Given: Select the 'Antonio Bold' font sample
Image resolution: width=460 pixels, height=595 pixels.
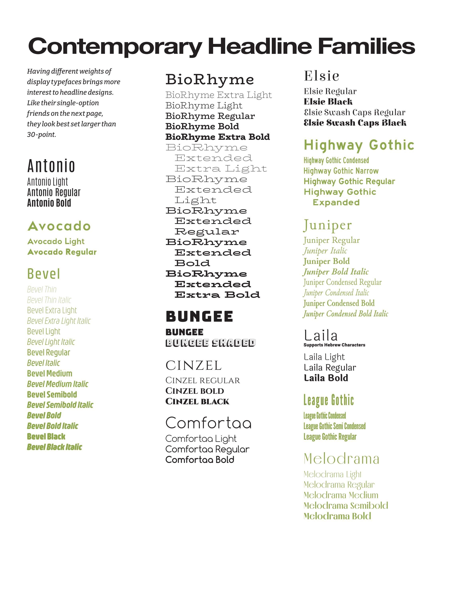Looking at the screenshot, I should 49,203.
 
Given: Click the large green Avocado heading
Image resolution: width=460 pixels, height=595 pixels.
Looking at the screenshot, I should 59,226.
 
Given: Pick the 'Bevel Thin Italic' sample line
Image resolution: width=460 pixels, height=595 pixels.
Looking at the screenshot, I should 49,300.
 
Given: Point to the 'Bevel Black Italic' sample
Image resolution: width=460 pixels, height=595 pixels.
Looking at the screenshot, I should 55,447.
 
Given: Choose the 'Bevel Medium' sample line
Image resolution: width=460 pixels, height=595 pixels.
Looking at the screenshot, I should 50,373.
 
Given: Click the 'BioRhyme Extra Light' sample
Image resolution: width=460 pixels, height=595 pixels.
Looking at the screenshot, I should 218,95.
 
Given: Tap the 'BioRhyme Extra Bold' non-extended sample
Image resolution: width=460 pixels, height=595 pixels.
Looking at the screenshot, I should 217,137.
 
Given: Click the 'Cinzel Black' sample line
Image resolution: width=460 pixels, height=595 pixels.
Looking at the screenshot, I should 197,402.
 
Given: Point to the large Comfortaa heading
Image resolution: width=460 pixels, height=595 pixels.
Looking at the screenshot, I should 208,423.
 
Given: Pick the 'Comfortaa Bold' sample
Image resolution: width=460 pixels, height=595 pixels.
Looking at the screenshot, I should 200,460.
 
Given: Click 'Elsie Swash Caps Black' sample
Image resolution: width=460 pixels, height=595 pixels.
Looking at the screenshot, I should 355,123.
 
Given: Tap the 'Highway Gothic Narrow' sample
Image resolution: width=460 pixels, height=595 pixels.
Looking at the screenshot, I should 341,171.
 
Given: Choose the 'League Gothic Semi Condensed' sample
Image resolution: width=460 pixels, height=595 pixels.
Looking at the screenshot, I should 334,426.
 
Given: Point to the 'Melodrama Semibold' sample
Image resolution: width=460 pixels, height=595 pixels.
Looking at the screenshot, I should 346,506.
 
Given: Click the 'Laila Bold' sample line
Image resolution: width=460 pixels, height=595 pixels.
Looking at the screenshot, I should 326,378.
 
